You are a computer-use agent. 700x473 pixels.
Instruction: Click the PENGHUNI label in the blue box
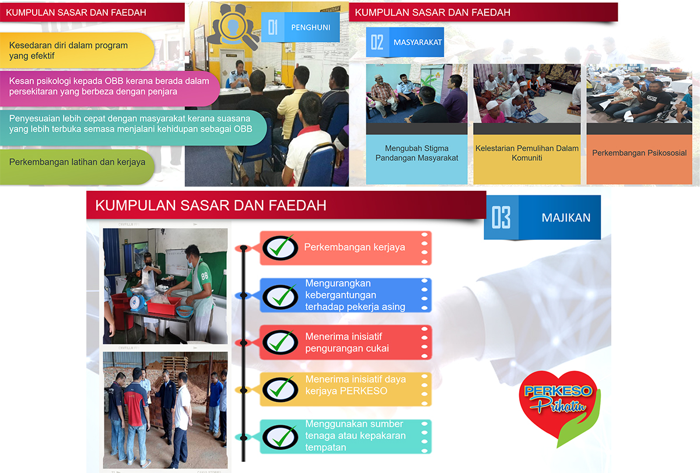(x=310, y=27)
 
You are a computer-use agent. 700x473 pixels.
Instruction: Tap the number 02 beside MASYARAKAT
(x=377, y=43)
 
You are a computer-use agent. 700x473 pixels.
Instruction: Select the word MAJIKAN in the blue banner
(x=566, y=218)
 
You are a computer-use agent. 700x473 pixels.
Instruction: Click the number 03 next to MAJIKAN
(x=501, y=218)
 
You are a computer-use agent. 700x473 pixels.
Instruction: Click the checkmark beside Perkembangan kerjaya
(x=281, y=248)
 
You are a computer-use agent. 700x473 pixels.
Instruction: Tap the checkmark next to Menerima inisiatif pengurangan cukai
(x=281, y=342)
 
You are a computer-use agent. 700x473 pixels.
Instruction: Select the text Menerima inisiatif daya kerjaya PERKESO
(x=356, y=385)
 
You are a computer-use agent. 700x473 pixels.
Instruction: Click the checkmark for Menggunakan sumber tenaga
(x=281, y=437)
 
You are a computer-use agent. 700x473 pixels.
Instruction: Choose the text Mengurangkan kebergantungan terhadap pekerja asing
(x=355, y=295)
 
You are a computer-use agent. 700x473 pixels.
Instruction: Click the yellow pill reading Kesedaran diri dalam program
(x=77, y=50)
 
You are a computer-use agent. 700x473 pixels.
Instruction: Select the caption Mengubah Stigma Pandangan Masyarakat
(x=416, y=153)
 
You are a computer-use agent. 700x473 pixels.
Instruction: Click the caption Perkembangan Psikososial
(x=639, y=153)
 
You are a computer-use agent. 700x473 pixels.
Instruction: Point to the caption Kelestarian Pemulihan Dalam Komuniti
(x=527, y=153)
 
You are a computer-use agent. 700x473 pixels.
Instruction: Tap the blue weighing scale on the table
(x=138, y=299)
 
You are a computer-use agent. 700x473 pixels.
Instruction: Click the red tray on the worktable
(x=163, y=305)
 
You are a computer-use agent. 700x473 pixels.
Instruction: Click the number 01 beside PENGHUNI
(x=273, y=27)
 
